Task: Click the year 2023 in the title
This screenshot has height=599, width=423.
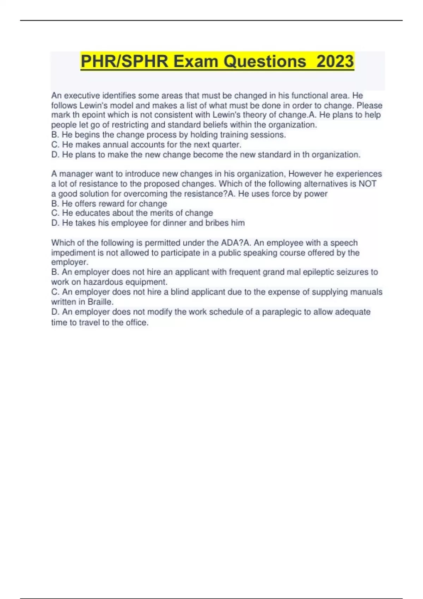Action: pyautogui.click(x=335, y=61)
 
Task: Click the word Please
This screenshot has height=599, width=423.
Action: pyautogui.click(x=369, y=105)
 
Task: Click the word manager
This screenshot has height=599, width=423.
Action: pyautogui.click(x=76, y=174)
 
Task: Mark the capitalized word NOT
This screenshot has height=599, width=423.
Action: pyautogui.click(x=367, y=184)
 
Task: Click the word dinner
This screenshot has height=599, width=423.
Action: pyautogui.click(x=174, y=223)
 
